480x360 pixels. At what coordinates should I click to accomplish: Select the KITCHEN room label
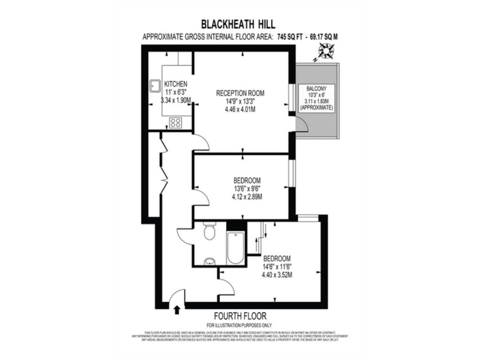tap(176, 84)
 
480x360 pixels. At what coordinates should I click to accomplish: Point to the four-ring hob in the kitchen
tap(176, 122)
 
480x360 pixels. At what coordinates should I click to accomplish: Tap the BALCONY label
tap(317, 89)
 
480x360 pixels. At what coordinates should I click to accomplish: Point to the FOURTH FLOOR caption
tap(240, 315)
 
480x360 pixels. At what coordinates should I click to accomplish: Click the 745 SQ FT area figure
tap(294, 36)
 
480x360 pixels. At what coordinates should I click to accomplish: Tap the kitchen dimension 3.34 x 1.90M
tap(176, 100)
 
